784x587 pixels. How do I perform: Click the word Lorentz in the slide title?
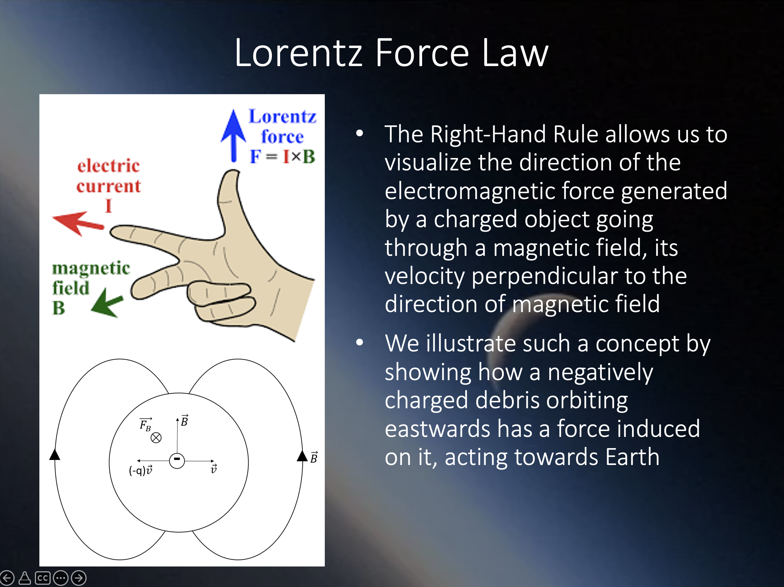299,53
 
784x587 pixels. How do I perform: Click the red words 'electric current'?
109,176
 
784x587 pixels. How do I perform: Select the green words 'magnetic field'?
91,278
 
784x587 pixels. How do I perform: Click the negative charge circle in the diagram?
177,460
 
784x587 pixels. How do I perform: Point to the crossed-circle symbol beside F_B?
156,438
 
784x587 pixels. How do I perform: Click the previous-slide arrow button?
7,578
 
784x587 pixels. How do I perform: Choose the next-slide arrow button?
79,578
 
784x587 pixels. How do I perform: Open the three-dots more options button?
61,578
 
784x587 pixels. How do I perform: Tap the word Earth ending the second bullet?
632,457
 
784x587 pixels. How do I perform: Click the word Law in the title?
515,53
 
